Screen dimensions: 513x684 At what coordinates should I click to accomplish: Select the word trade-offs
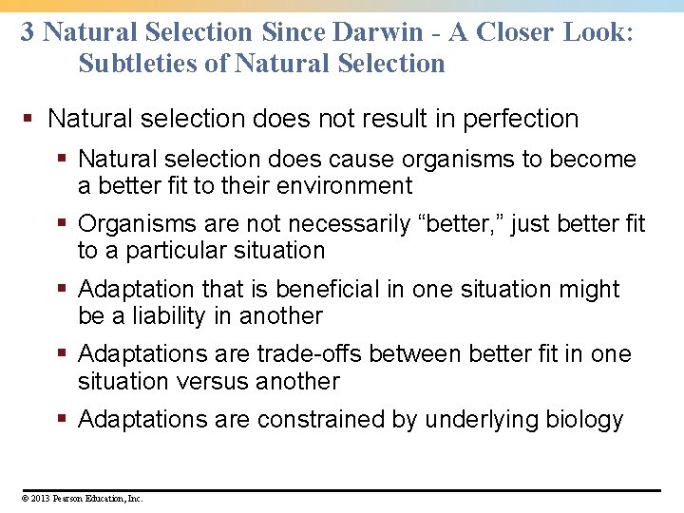pos(310,354)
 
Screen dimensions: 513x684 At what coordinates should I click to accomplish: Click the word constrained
pos(315,420)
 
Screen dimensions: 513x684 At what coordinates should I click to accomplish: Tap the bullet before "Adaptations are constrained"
pos(65,419)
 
